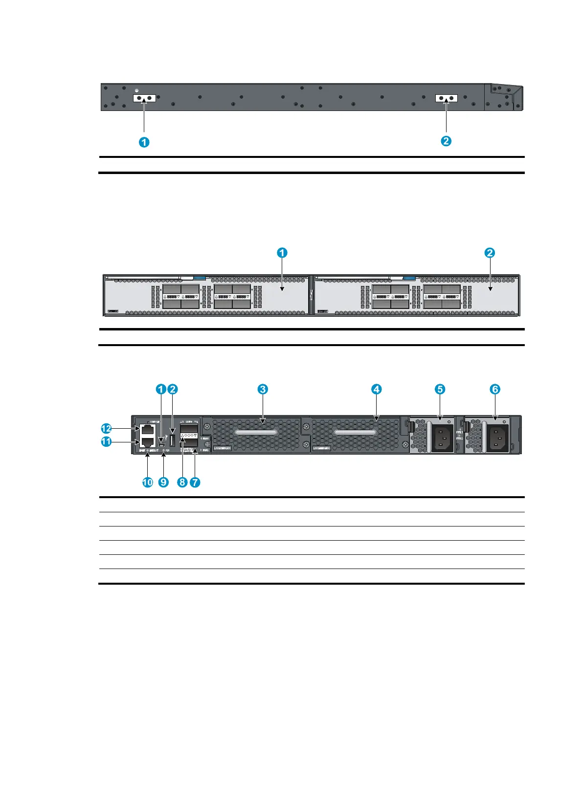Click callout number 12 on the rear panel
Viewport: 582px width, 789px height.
106,429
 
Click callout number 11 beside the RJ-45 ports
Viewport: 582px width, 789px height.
106,442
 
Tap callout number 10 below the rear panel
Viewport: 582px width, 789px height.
147,482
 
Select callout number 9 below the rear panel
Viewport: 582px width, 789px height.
163,482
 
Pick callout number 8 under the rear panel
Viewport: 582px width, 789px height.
182,482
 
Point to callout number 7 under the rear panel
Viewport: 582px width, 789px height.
195,482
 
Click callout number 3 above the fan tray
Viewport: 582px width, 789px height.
263,389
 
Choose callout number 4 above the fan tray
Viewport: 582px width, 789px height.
376,389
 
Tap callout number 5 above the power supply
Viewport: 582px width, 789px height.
440,389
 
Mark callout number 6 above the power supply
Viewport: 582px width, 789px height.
495,389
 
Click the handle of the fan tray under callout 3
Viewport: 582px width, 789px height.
255,433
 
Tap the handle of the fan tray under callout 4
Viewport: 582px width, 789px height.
355,433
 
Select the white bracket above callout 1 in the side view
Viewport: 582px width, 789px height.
144,98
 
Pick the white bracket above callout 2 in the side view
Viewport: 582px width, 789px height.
447,98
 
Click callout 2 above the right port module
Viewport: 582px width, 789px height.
490,253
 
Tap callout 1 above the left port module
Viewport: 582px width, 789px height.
282,253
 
